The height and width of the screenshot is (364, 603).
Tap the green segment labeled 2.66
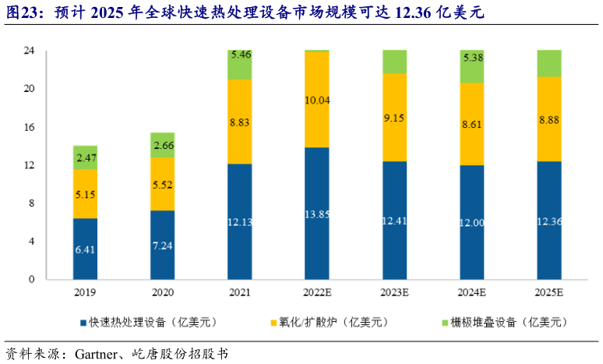pos(162,145)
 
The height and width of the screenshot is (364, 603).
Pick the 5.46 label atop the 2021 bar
pos(240,55)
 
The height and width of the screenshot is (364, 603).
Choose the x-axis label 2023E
pos(394,293)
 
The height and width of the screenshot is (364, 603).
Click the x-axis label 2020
pos(162,293)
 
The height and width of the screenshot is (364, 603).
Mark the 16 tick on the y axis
pos(30,127)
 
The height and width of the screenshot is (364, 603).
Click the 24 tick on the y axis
pos(30,51)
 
